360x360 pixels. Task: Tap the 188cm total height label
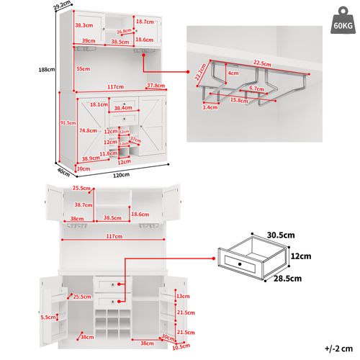pos(47,70)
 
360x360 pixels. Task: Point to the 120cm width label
pos(121,175)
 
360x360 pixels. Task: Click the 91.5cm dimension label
pos(68,122)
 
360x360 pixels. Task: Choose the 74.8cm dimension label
pos(89,131)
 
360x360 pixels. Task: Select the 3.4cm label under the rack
pos(210,107)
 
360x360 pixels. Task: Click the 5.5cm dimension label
pos(48,317)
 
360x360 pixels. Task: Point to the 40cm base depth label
pos(63,171)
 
